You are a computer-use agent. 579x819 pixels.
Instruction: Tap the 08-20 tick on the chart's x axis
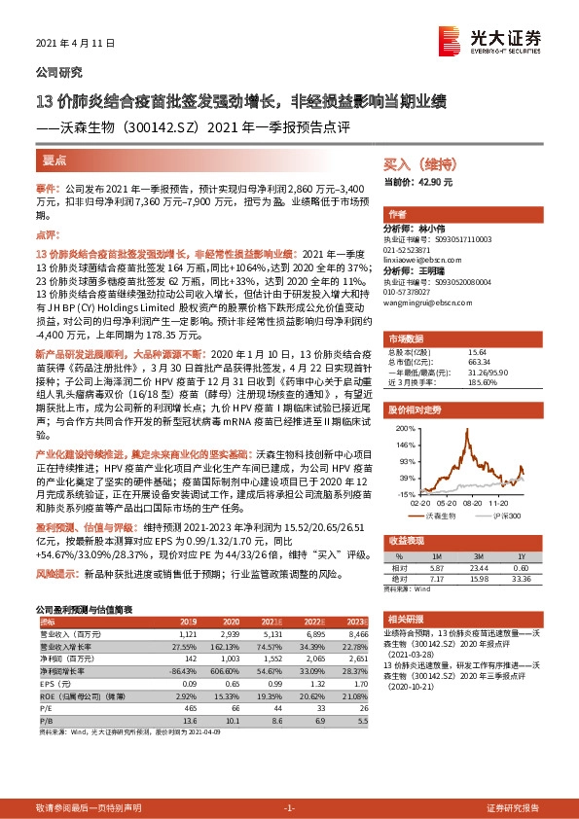(x=475, y=502)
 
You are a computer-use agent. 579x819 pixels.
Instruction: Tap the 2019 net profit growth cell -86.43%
(x=184, y=670)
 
